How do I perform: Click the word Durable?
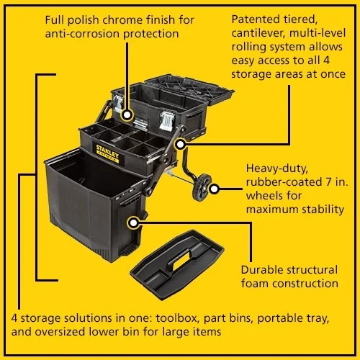click(x=264, y=269)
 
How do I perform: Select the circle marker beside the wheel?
click(x=214, y=189)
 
